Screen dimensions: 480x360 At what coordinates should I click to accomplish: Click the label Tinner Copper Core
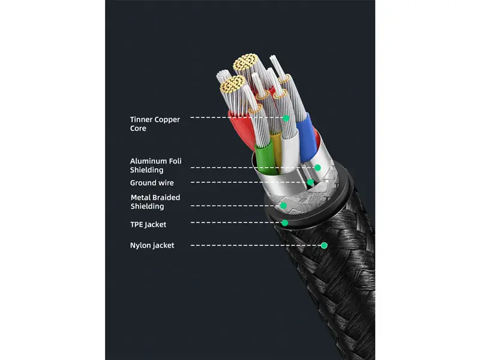[155, 124]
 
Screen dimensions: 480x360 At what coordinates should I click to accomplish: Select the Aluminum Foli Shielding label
[155, 166]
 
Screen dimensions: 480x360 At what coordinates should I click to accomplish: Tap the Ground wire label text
[152, 183]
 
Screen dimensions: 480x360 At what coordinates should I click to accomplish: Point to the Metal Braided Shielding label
[155, 202]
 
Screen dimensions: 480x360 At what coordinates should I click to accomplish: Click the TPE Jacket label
[148, 224]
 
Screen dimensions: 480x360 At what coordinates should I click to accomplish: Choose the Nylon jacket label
[152, 245]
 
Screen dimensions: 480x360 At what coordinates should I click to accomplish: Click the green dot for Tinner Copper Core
[286, 118]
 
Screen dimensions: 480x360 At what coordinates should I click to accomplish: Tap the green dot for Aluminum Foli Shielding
[317, 168]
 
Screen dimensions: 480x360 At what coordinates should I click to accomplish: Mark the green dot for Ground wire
[310, 182]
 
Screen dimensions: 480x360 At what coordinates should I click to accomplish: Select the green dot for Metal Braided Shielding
[283, 206]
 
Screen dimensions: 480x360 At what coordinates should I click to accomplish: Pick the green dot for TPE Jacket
[284, 223]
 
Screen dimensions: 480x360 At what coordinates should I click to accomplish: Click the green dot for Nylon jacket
[324, 245]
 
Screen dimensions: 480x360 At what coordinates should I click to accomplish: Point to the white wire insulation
[290, 150]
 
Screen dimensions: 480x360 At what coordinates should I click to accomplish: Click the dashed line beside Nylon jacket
[256, 245]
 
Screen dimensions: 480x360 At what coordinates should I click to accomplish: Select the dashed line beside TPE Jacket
[236, 223]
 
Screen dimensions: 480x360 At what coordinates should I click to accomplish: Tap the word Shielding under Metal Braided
[147, 206]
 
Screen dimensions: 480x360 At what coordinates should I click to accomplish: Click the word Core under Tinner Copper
[138, 128]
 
